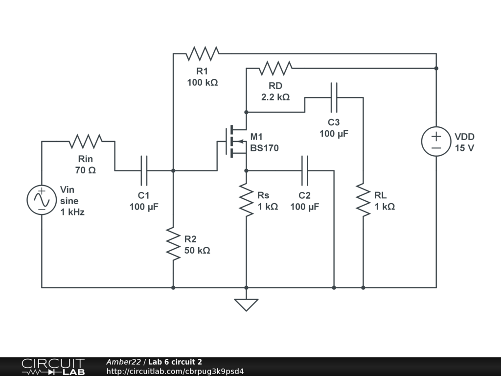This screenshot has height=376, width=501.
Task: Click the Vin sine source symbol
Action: pyautogui.click(x=42, y=200)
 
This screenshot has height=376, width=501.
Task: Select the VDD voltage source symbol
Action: pyautogui.click(x=436, y=142)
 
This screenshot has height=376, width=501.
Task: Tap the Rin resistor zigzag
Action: pyautogui.click(x=86, y=141)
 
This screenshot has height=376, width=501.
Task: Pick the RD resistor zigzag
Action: pyautogui.click(x=275, y=69)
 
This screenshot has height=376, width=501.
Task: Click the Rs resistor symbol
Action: pyautogui.click(x=246, y=200)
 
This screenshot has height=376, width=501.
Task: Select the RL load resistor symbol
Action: pyautogui.click(x=363, y=200)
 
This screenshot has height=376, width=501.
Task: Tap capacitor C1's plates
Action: pyautogui.click(x=144, y=171)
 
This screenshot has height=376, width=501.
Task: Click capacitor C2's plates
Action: pyautogui.click(x=305, y=171)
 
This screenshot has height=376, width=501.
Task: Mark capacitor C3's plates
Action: pyautogui.click(x=334, y=97)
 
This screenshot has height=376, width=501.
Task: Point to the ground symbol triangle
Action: pyautogui.click(x=246, y=305)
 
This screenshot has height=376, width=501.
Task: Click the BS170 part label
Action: pyautogui.click(x=264, y=148)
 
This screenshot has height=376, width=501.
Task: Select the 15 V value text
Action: pyautogui.click(x=464, y=148)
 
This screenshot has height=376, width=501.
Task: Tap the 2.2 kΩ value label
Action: pyautogui.click(x=275, y=97)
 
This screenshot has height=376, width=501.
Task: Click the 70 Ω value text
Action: pyautogui.click(x=86, y=170)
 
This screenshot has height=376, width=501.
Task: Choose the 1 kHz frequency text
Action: pyautogui.click(x=72, y=212)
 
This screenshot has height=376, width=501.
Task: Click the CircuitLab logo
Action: pyautogui.click(x=53, y=367)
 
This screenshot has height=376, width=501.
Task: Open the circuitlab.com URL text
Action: pyautogui.click(x=175, y=371)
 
